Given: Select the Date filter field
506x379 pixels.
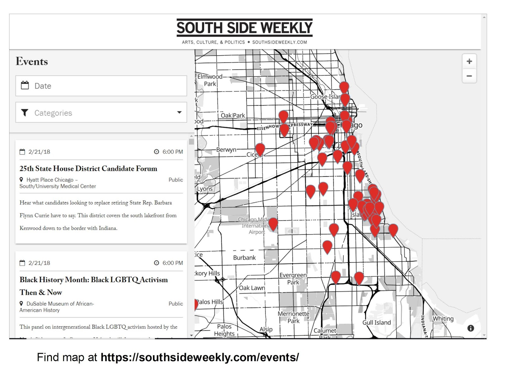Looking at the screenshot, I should click(x=101, y=86).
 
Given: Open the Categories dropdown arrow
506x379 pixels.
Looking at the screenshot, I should click(x=179, y=112).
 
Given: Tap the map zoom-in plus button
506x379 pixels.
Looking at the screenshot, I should click(x=469, y=61).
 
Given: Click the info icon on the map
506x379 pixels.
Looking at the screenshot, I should click(x=471, y=328).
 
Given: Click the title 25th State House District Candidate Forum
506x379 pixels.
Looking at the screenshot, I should click(x=88, y=169).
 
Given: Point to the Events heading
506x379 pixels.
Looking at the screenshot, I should click(x=32, y=61).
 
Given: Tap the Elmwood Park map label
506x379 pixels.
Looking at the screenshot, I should click(x=210, y=80).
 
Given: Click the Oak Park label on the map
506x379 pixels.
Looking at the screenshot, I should click(x=233, y=116).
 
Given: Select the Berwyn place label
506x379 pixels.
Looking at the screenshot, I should click(x=226, y=150).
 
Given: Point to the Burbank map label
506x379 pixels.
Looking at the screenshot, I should click(x=244, y=258).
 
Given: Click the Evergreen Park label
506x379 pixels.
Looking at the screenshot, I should click(x=293, y=279).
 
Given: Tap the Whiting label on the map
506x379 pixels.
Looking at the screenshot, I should click(x=443, y=319).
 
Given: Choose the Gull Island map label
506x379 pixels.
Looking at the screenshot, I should click(x=376, y=322).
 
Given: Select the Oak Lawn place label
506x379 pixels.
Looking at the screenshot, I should click(x=252, y=288).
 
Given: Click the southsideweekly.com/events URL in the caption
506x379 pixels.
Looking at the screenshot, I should click(x=200, y=357).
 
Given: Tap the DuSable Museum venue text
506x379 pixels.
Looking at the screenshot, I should click(x=57, y=307).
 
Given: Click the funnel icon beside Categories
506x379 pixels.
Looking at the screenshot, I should click(x=25, y=113).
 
